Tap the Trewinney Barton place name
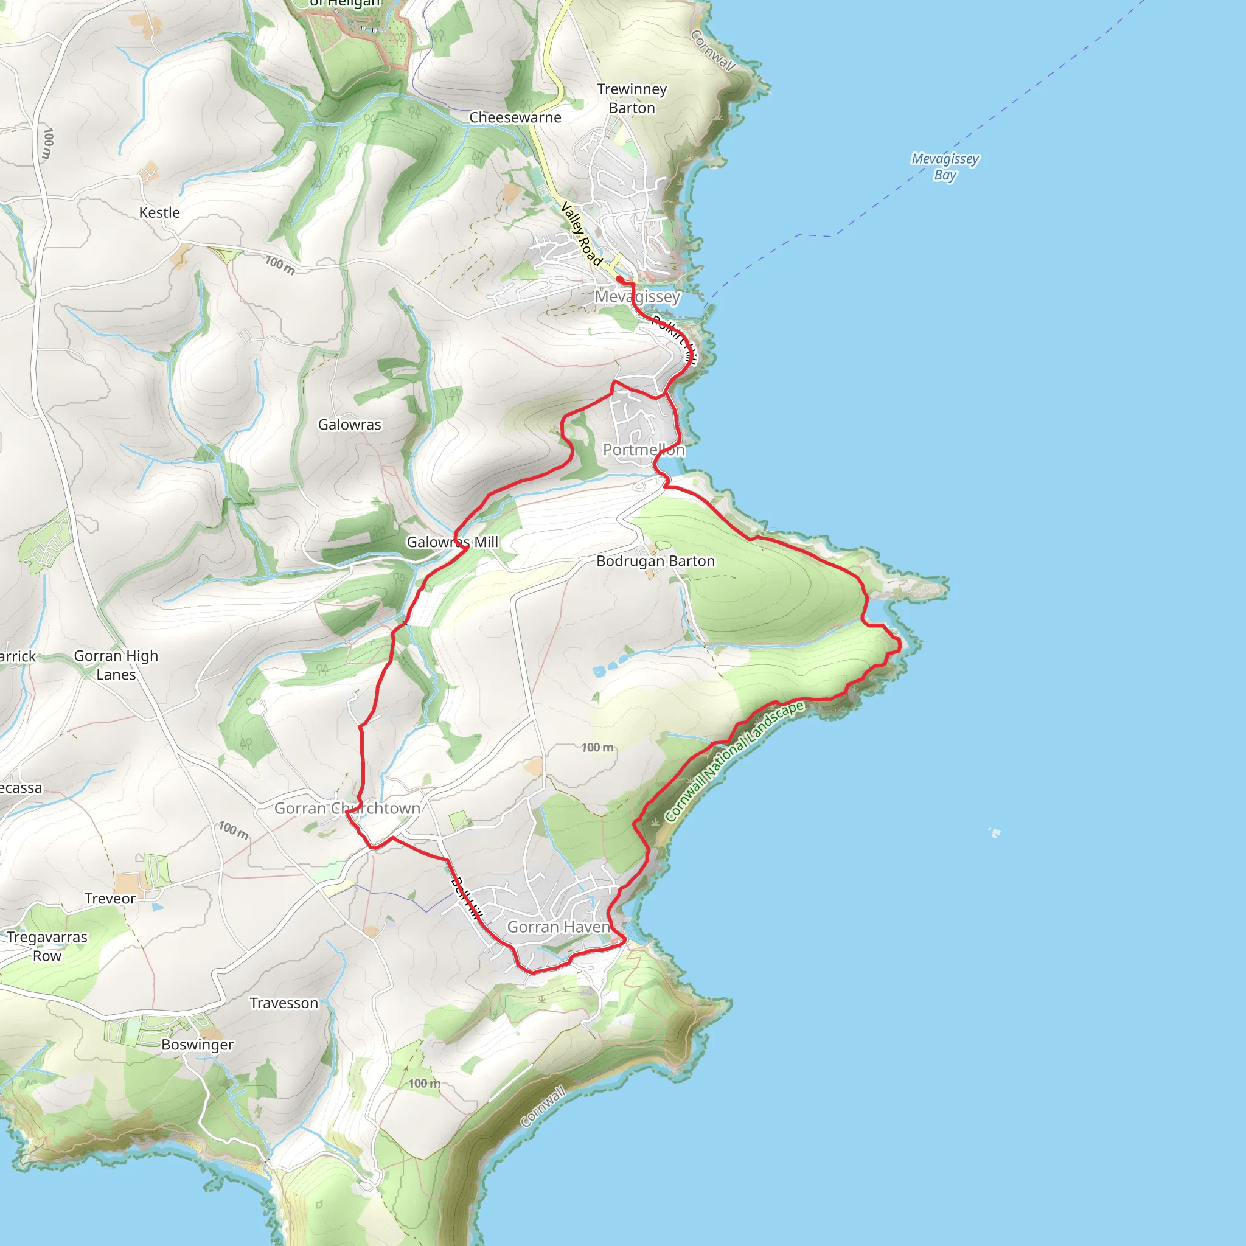tap(632, 99)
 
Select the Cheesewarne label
tap(515, 117)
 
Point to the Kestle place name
tap(159, 212)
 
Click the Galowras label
tap(350, 425)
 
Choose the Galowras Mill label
tap(452, 541)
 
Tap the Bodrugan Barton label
tap(655, 561)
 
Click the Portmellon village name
tap(644, 450)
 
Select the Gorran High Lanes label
tap(116, 665)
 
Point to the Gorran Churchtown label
tap(347, 808)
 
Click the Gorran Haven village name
tap(558, 927)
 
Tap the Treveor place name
tap(110, 899)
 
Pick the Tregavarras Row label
tap(47, 946)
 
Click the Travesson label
tap(284, 1003)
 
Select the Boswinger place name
tap(197, 1044)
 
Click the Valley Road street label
tap(581, 234)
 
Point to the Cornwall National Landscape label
tap(734, 760)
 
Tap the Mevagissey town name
tap(637, 297)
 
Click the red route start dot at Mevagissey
tap(619, 279)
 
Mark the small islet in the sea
tap(995, 834)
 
